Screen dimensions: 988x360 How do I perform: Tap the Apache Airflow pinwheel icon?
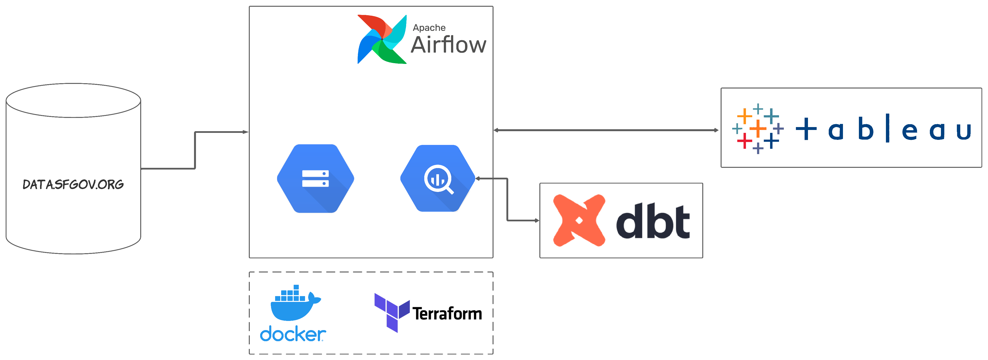(x=382, y=39)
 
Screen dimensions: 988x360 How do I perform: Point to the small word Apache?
(x=429, y=27)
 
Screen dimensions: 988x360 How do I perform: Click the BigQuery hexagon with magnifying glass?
(x=438, y=178)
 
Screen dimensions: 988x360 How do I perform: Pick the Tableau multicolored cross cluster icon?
(x=758, y=129)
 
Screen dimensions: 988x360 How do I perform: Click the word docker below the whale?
(x=293, y=334)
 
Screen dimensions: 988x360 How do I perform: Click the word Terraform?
(x=447, y=314)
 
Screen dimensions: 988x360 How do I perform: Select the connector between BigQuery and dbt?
(x=508, y=199)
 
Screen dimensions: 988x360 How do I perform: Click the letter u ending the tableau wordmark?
(x=963, y=131)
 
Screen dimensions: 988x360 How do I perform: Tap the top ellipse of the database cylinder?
(x=73, y=101)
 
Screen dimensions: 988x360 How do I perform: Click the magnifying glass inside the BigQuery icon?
(x=439, y=179)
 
